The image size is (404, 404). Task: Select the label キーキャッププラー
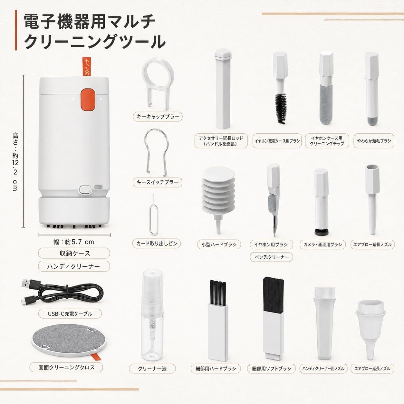(x=158, y=117)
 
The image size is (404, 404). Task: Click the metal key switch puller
(x=157, y=152)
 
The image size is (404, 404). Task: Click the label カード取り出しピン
(x=157, y=244)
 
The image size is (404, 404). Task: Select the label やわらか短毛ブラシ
(x=374, y=141)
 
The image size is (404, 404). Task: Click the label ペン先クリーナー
(x=272, y=257)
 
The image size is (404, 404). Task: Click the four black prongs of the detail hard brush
(x=217, y=292)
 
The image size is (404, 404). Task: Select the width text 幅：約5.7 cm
(x=74, y=242)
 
